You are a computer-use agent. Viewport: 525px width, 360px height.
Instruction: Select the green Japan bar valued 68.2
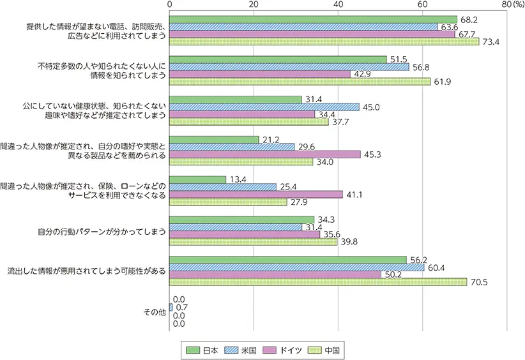pos(313,19)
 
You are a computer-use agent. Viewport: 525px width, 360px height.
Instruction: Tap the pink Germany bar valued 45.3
pos(265,154)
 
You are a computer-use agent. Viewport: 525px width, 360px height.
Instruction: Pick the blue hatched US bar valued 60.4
pos(296,267)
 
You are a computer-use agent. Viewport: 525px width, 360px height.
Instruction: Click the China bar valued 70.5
pos(318,281)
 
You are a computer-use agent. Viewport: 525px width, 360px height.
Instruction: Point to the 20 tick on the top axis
pos(254,5)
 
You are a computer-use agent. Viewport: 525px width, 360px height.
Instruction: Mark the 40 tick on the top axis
pos(338,5)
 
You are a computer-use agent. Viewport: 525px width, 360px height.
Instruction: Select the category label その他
pos(156,312)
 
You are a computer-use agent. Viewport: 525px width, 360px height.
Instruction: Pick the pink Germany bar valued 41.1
pos(256,194)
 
